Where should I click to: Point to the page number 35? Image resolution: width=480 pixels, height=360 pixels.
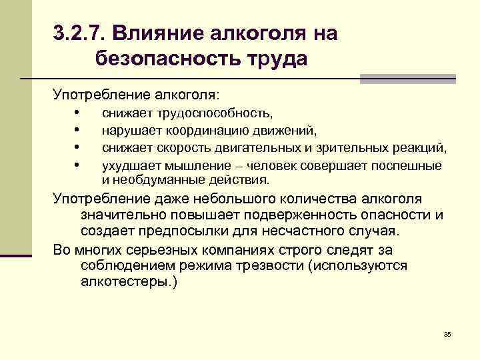click(x=447, y=333)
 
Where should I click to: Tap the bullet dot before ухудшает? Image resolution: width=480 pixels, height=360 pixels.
click(x=78, y=163)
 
